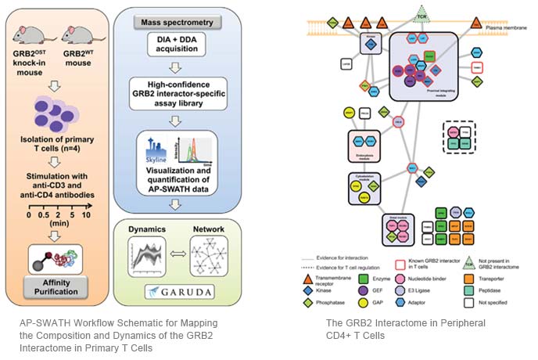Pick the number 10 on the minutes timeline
pos(87,214)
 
